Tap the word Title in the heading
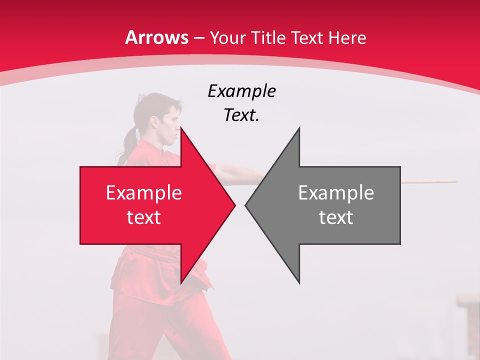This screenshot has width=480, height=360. (x=265, y=37)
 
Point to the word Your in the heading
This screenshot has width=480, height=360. (x=226, y=37)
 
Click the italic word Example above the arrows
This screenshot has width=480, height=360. (x=241, y=91)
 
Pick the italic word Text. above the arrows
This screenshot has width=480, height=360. (x=241, y=115)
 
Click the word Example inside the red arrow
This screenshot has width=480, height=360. (x=144, y=192)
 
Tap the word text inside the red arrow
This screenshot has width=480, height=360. (x=144, y=217)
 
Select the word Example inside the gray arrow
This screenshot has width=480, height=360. (x=336, y=192)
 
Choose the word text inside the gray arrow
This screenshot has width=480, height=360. (x=336, y=217)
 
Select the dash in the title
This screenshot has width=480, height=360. (x=198, y=38)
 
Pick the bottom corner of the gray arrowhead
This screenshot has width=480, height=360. (x=299, y=282)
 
